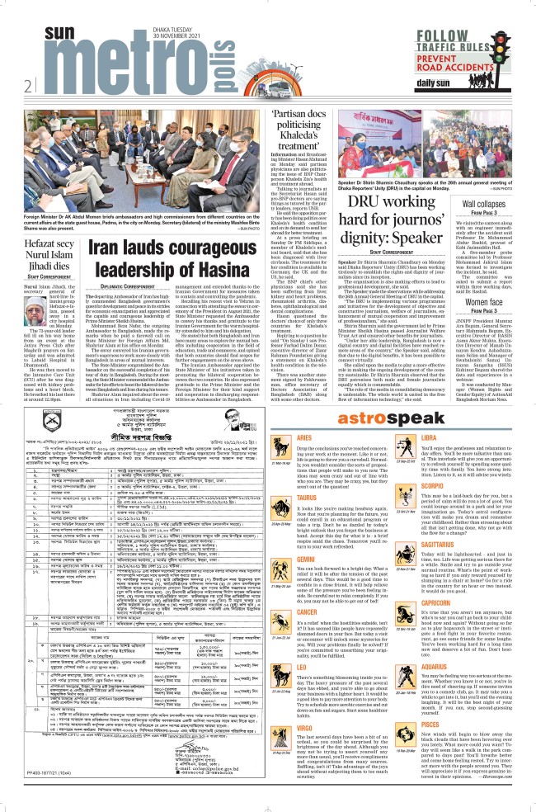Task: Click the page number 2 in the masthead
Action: point(27,84)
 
